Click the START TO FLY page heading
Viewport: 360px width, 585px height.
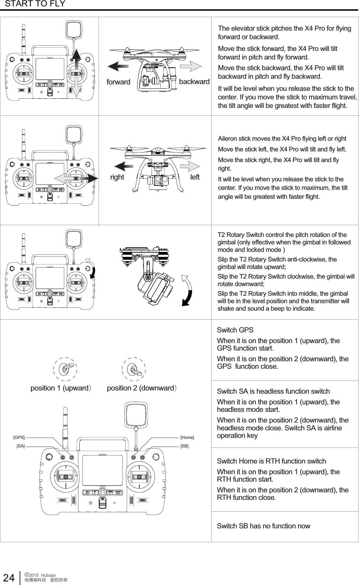point(35,4)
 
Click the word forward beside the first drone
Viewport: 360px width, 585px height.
point(119,82)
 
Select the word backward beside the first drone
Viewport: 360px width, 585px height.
point(194,82)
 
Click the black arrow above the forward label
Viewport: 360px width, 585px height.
point(118,66)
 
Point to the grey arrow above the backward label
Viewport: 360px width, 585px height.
point(193,66)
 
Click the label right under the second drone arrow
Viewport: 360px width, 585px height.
point(117,177)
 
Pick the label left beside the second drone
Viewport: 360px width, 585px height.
point(195,177)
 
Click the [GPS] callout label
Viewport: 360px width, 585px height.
point(19,437)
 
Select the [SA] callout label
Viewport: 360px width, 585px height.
point(21,446)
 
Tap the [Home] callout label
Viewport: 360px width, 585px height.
point(187,437)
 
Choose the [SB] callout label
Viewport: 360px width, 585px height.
point(184,446)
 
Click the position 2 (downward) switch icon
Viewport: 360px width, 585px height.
point(134,370)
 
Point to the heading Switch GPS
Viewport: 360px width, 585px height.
point(235,330)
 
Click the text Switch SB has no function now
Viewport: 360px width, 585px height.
point(264,526)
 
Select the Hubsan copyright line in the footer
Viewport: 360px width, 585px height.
point(40,575)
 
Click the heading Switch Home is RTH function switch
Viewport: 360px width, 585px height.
point(271,461)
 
